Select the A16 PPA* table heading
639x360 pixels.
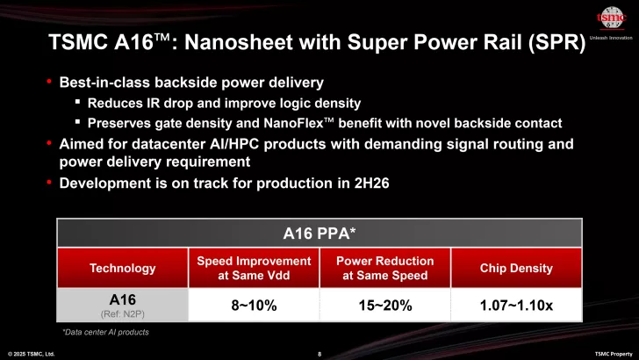[319, 233]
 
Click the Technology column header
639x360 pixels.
[122, 268]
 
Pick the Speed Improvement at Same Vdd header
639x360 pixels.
[254, 268]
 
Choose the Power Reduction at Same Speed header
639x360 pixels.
[385, 268]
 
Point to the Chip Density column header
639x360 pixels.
[515, 268]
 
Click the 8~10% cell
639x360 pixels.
[254, 306]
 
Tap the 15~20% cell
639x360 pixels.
[385, 306]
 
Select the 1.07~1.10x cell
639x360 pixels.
[515, 306]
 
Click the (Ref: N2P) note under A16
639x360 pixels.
[122, 314]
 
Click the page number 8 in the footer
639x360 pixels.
[319, 353]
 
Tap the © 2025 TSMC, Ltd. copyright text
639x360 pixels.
[32, 353]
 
